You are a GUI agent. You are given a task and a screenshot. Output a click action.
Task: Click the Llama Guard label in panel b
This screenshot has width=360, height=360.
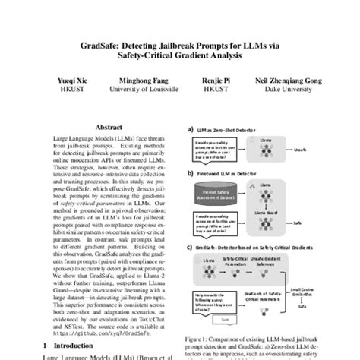(268, 212)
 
